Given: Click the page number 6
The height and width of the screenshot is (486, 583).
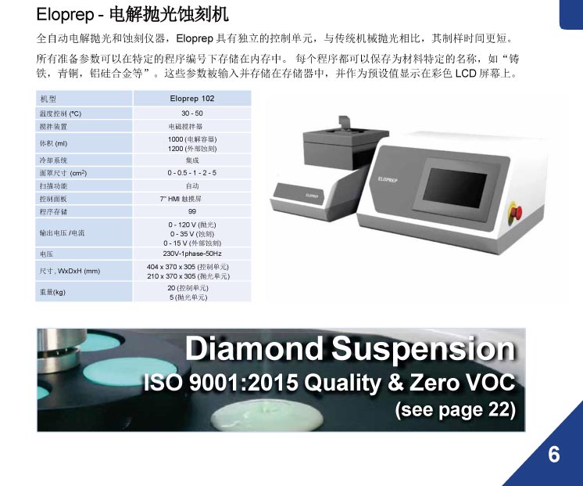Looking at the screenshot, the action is coord(553,455).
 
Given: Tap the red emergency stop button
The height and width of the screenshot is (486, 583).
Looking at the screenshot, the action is coord(516,212).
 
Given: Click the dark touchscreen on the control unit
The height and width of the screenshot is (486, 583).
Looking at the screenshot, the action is coord(455,188).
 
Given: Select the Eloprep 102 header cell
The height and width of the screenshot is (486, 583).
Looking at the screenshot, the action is coord(191,99).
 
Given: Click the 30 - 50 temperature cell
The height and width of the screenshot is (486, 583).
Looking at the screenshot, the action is coord(191,113).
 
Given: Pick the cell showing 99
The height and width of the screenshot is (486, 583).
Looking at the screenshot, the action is coord(191,211).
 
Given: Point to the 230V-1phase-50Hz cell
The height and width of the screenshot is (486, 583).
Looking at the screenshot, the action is coord(191,254).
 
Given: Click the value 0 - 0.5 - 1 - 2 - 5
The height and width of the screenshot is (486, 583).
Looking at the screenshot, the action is coord(191,173).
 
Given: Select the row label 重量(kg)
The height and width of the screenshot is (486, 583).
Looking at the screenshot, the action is coord(52,292).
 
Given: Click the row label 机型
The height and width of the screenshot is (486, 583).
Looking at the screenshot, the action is coord(48,99).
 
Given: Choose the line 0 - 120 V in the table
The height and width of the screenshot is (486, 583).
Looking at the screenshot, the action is coord(191,225).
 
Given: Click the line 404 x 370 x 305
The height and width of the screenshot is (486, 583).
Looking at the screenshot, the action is coord(188,267).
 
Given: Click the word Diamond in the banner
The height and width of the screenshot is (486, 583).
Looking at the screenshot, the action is coord(254,349).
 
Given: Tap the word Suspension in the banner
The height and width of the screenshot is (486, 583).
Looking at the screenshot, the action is coord(424,350).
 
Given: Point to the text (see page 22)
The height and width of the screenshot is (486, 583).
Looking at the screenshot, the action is coord(456,409).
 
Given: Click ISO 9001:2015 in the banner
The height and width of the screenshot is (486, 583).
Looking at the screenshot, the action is coord(221,383).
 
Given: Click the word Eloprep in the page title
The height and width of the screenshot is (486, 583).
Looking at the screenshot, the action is coord(66,15).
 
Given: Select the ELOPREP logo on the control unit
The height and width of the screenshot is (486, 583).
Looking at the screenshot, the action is coord(388,180).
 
